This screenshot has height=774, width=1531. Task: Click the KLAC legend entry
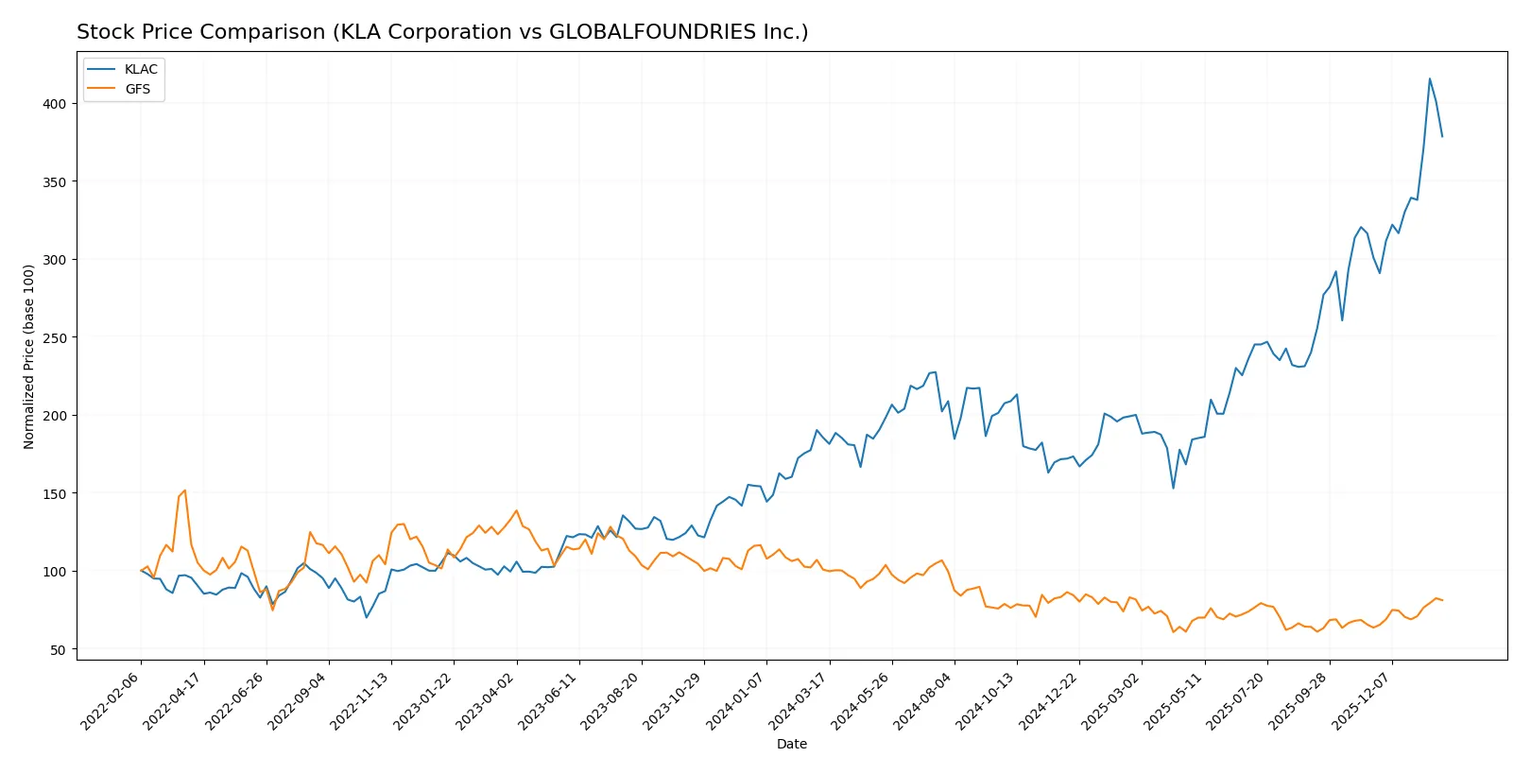click(x=140, y=69)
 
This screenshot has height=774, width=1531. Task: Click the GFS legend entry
click(x=137, y=89)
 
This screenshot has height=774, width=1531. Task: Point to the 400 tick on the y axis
click(x=54, y=104)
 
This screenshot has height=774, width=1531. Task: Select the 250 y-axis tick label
click(x=54, y=337)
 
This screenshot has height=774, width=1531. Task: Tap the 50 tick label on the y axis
click(x=58, y=650)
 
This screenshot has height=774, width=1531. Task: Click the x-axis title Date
click(x=791, y=744)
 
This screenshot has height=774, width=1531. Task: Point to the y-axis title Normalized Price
click(x=28, y=356)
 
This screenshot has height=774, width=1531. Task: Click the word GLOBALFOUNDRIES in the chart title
click(x=652, y=32)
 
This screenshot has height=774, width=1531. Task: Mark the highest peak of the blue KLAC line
click(x=1429, y=78)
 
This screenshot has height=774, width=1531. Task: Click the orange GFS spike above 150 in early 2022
click(x=184, y=490)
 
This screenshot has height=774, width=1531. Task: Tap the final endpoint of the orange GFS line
click(x=1442, y=600)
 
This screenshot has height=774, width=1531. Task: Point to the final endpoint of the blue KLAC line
click(x=1442, y=137)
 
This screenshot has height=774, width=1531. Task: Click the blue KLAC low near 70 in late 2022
click(x=366, y=617)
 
